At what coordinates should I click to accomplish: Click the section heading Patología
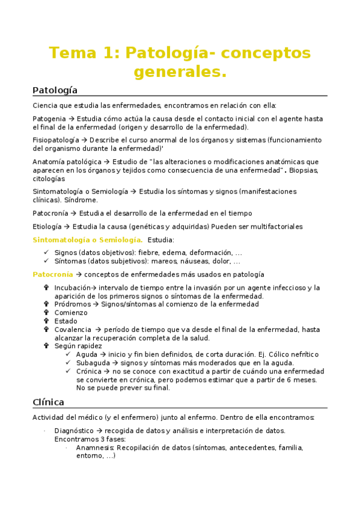click(55, 90)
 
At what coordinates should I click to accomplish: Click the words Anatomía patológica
click(67, 162)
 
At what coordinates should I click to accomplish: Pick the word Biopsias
click(304, 170)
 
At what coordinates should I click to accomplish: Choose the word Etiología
click(47, 226)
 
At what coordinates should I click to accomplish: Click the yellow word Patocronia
click(53, 274)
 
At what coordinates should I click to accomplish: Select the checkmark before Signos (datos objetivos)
click(46, 253)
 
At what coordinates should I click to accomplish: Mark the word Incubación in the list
click(73, 287)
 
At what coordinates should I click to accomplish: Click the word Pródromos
click(71, 304)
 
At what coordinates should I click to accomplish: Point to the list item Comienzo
click(70, 313)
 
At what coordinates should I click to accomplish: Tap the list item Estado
click(66, 321)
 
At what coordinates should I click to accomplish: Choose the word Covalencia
click(73, 330)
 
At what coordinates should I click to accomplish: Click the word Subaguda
click(92, 363)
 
